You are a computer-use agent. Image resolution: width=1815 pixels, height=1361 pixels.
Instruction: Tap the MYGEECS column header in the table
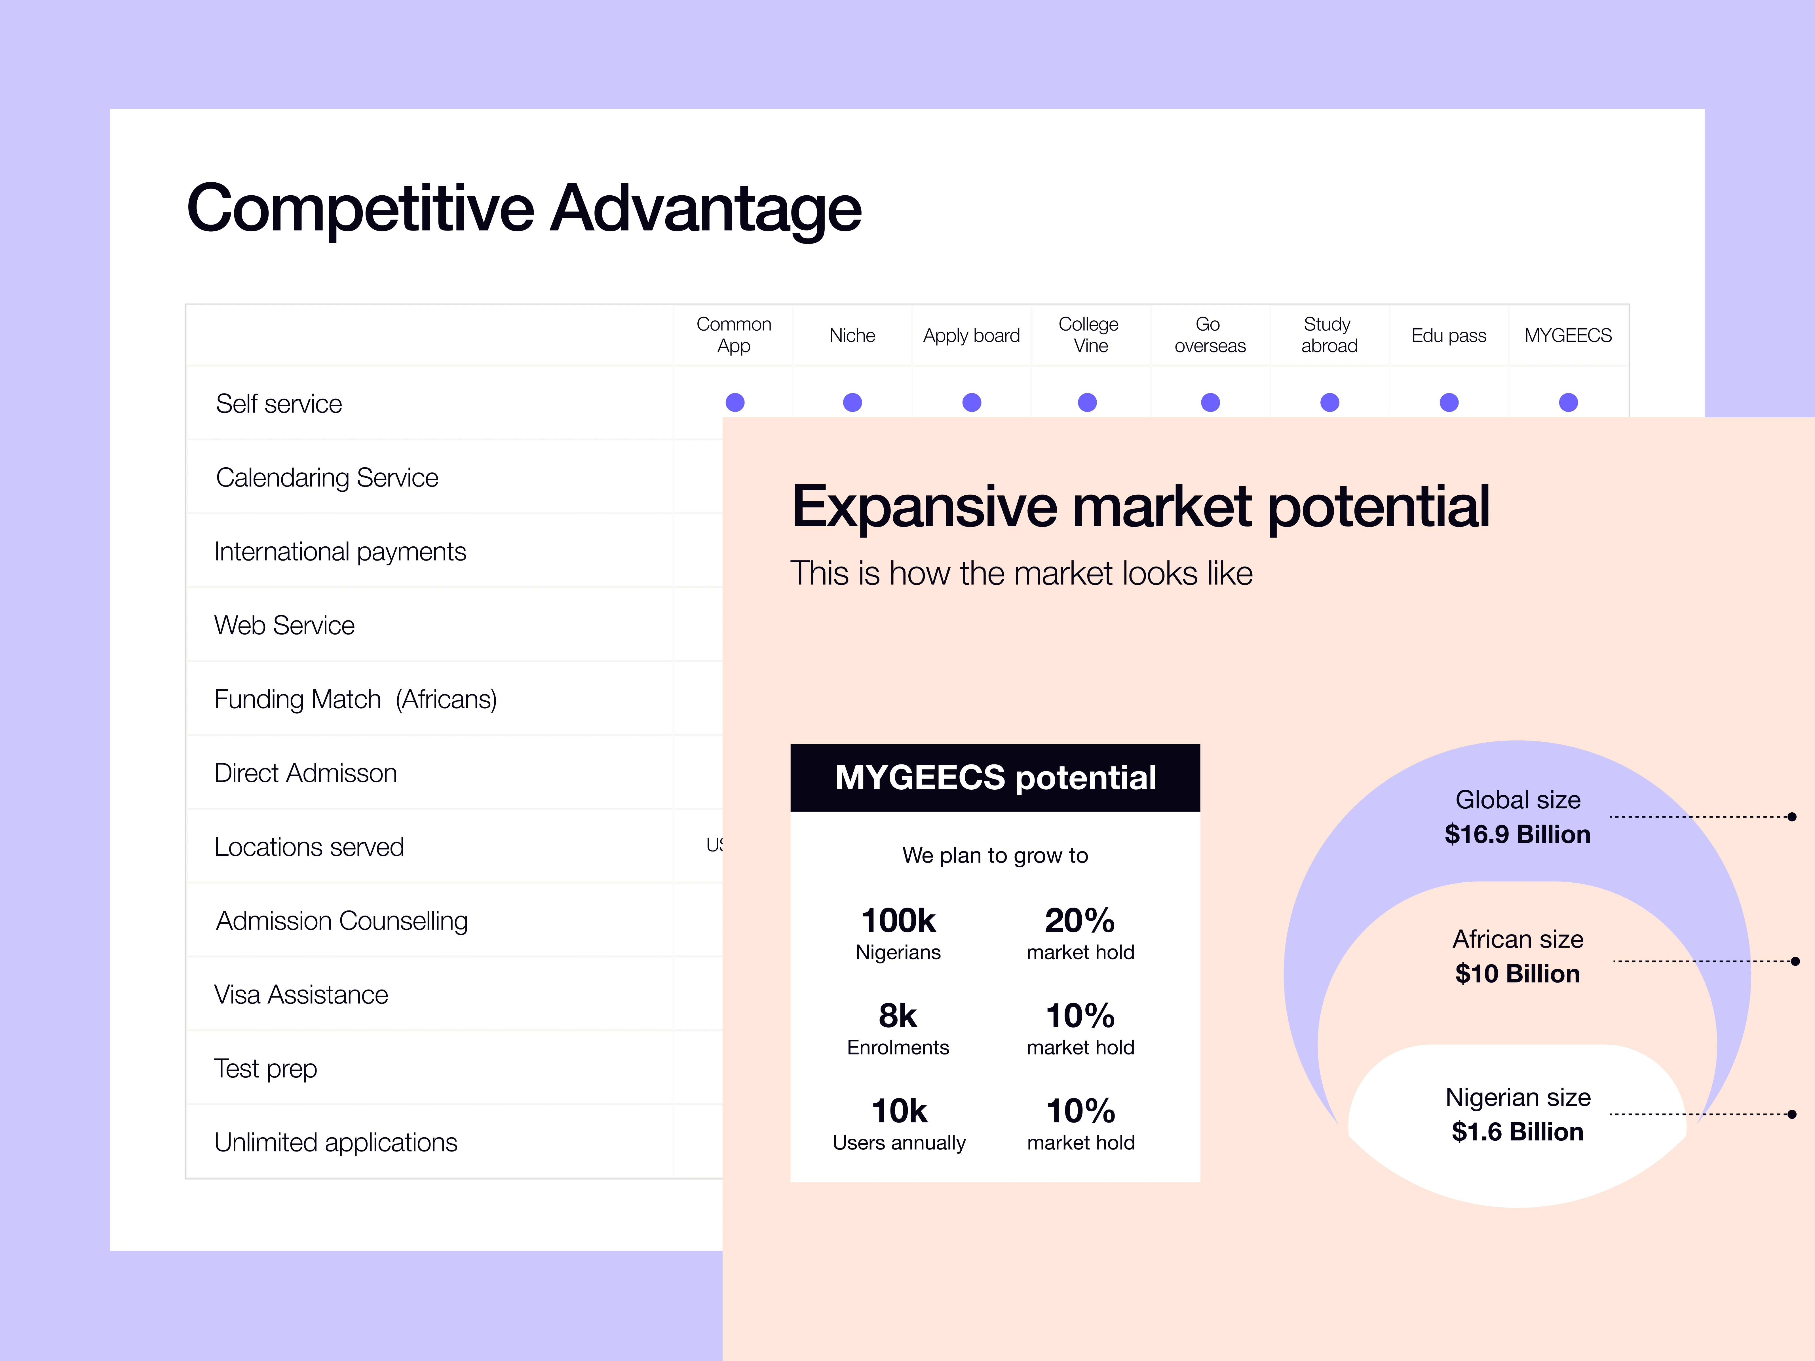(x=1568, y=335)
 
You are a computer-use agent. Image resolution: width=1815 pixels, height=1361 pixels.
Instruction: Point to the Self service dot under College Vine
(x=1087, y=402)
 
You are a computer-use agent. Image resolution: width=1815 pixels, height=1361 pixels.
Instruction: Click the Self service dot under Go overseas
(x=1210, y=402)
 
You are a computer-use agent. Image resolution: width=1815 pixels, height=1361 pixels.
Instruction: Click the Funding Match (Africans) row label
(x=355, y=699)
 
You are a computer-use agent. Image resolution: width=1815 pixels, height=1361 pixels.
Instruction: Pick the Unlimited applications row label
(x=335, y=1142)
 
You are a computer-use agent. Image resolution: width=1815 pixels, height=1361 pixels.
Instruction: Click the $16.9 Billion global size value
(x=1517, y=834)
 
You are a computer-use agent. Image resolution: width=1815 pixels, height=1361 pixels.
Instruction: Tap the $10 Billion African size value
(x=1517, y=974)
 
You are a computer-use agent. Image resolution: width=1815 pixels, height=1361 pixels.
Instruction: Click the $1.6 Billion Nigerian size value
(x=1517, y=1132)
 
